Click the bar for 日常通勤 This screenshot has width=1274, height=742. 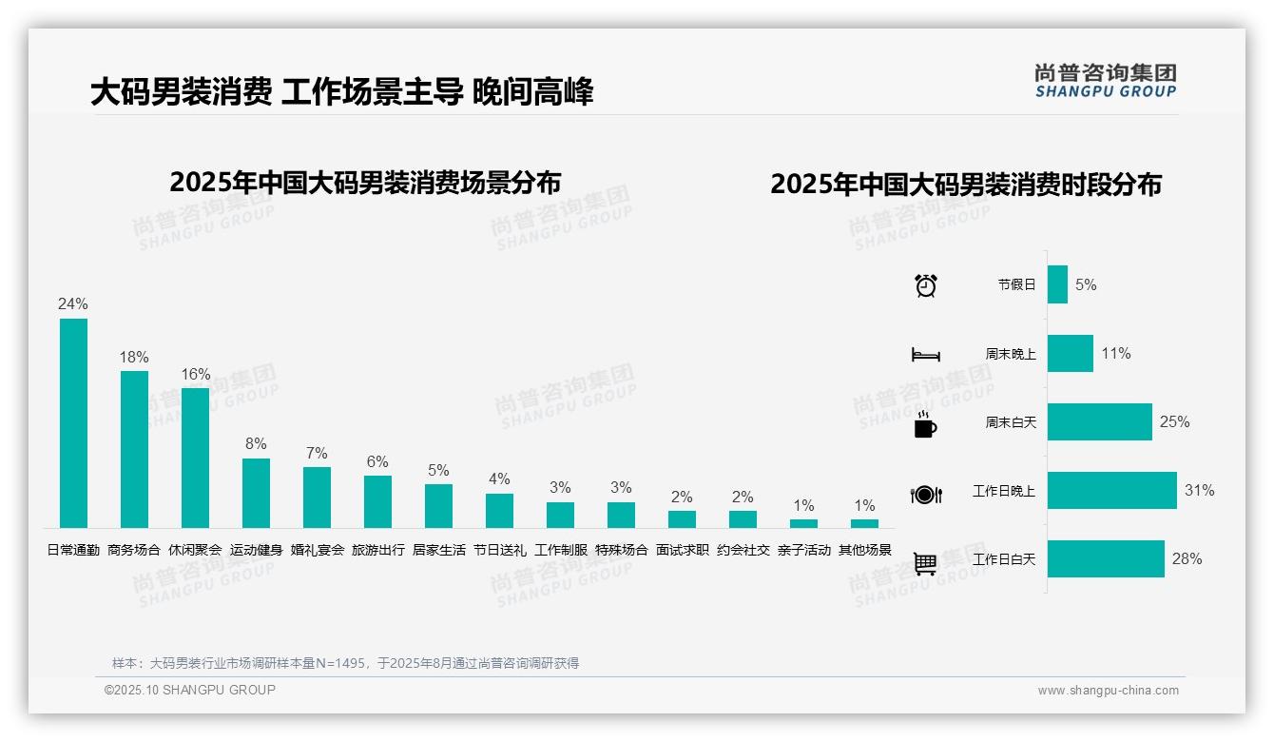click(x=73, y=422)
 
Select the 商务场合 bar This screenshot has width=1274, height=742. click(x=134, y=449)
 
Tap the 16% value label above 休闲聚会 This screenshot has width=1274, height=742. click(x=196, y=375)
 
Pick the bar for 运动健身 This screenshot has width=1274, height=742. click(x=256, y=493)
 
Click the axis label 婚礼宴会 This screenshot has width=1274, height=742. click(x=317, y=550)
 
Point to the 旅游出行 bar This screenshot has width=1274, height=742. click(x=377, y=501)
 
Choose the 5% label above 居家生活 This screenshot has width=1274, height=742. click(x=438, y=471)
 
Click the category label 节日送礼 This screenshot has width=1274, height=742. click(x=499, y=550)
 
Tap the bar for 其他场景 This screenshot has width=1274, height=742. click(x=864, y=523)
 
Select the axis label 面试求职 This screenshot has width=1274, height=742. click(x=682, y=550)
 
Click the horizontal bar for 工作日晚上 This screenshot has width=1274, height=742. click(x=1111, y=491)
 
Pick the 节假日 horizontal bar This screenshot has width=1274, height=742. click(x=1057, y=284)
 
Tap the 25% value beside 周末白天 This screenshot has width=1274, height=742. click(x=1174, y=421)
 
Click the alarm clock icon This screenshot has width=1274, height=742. click(x=926, y=285)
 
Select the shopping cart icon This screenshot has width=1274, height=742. click(x=925, y=564)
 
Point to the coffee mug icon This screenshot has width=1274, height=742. click(x=925, y=425)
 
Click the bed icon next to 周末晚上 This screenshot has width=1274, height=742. click(x=925, y=355)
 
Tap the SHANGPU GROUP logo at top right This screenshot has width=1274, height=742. click(x=1105, y=81)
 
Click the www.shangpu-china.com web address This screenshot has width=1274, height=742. click(x=1108, y=691)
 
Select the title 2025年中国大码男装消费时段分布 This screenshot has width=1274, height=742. click(x=966, y=185)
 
